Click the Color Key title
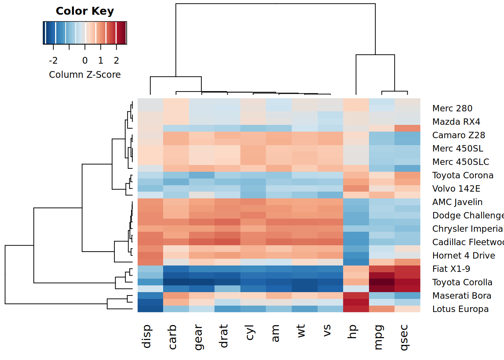pos(85,11)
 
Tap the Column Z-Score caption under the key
pos(85,75)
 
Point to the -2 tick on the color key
pos(53,60)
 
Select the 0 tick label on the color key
pos(85,60)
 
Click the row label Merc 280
pos(452,108)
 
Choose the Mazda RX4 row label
pos(456,122)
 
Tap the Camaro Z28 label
pos(459,135)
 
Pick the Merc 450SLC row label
pos(460,162)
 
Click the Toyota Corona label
pos(463,175)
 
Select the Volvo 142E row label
pos(456,189)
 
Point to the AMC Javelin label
pos(457,202)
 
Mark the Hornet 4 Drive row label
pos(463,256)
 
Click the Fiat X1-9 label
pos(451,269)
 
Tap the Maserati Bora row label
pos(462,296)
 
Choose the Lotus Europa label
pos(460,309)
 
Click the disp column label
pos(147,336)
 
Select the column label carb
pos(172,337)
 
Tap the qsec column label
pos(403,337)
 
